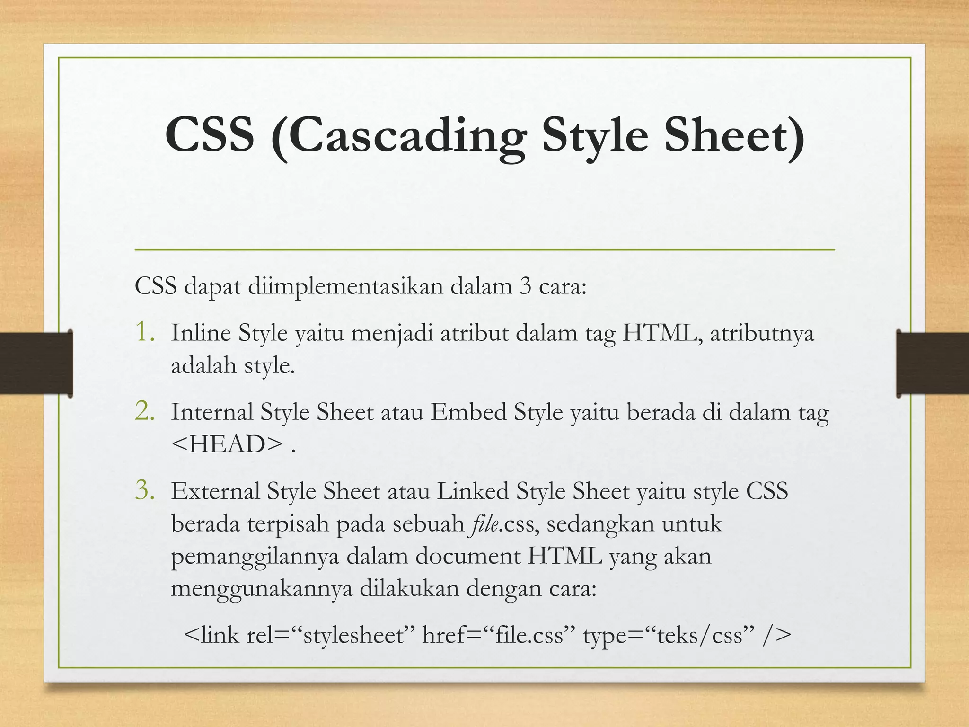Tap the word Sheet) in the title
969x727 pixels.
[x=734, y=136]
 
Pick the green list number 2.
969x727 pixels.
[x=145, y=411]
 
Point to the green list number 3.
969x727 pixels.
[x=145, y=490]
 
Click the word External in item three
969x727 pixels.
[x=215, y=491]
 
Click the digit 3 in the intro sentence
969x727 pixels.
[x=525, y=286]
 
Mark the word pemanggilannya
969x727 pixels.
[x=255, y=557]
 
